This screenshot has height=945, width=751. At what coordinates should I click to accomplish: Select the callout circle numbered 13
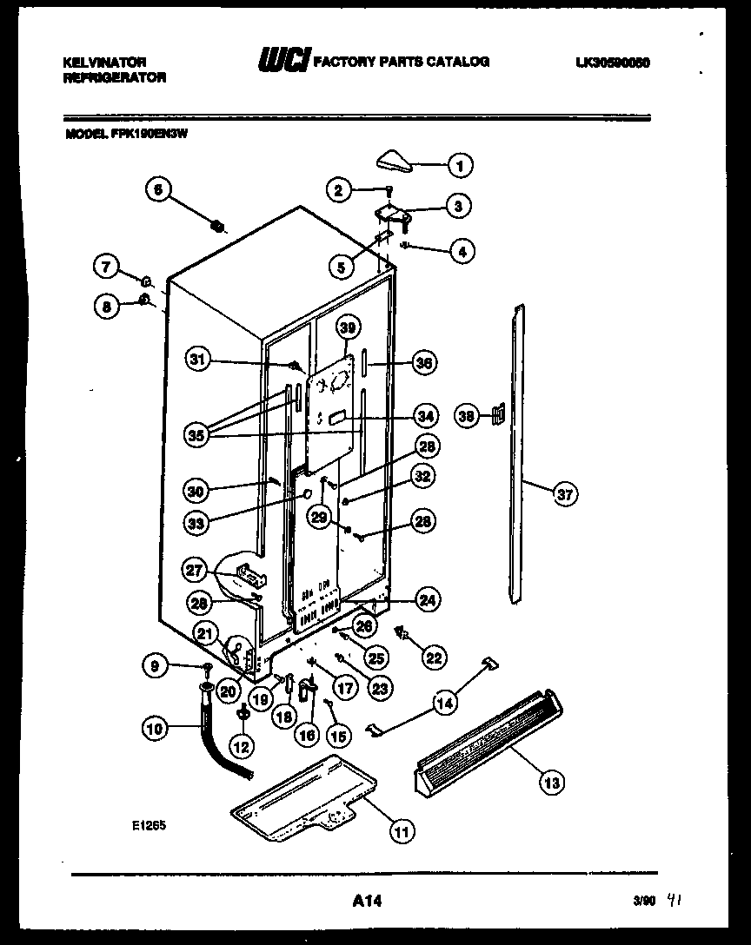point(550,783)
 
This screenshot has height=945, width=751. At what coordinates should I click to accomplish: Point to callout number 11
point(401,831)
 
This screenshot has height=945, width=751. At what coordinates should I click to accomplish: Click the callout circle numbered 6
point(159,192)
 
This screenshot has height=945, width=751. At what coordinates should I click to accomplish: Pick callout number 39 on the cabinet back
point(348,328)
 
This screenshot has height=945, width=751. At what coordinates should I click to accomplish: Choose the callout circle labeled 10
point(155,730)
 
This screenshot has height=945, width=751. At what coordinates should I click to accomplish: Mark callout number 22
point(432,658)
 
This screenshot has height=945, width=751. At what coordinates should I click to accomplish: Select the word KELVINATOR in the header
point(105,63)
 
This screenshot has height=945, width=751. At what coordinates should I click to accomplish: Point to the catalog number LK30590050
point(613,63)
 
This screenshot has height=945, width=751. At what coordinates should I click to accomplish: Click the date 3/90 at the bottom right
point(643,903)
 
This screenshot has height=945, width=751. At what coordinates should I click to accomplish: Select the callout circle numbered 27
point(197,571)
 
